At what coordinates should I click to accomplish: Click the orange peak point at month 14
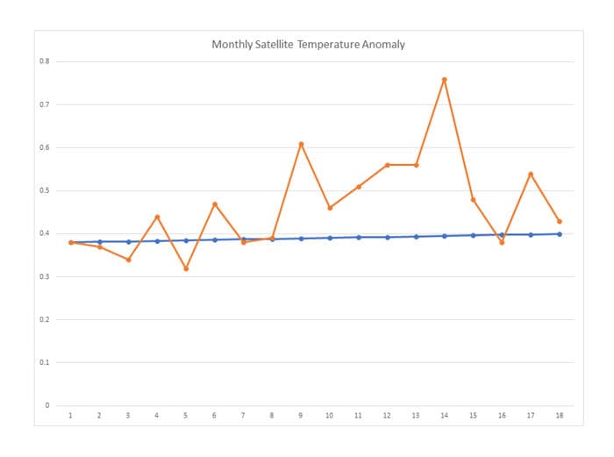(445, 79)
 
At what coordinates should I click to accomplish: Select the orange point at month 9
(301, 143)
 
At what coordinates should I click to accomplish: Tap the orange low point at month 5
(186, 268)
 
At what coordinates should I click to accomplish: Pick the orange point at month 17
(531, 174)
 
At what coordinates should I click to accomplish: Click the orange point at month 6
(215, 204)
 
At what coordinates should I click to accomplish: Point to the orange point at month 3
(128, 260)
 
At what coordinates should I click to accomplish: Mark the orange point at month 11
(359, 186)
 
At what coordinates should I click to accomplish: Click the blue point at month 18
(560, 234)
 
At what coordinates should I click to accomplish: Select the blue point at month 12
(387, 237)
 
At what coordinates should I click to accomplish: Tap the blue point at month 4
(157, 241)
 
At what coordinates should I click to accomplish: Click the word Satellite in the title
(268, 44)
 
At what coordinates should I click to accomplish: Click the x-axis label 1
(71, 417)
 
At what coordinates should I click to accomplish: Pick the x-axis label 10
(330, 417)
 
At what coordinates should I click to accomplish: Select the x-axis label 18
(560, 417)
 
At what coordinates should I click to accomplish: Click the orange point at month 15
(474, 200)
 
